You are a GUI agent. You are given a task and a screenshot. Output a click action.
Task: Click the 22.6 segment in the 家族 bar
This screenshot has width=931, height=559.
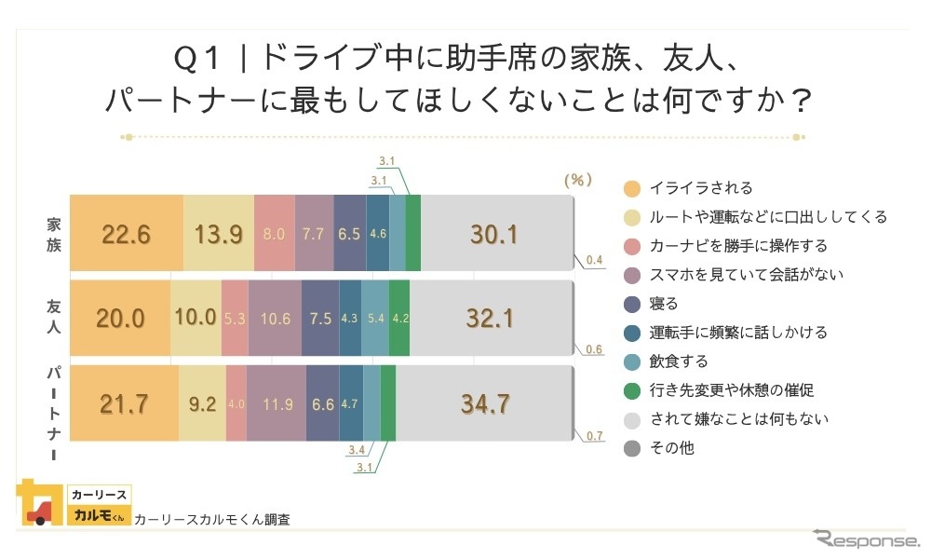(x=127, y=233)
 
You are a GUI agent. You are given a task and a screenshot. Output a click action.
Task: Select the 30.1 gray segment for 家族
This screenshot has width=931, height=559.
(x=493, y=233)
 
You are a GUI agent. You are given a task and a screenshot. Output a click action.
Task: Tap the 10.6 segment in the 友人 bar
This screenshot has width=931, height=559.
(x=275, y=318)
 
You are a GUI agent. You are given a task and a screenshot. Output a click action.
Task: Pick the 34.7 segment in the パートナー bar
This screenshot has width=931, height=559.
(x=484, y=403)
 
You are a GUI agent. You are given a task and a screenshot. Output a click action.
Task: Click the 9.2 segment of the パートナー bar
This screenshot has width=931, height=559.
(x=202, y=403)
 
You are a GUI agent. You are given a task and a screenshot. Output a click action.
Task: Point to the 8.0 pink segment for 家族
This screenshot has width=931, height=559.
(x=274, y=233)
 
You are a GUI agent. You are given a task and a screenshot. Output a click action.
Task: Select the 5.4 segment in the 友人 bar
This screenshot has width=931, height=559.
(x=374, y=318)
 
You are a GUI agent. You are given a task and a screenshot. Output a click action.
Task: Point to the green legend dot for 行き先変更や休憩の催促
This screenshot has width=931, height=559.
(x=632, y=390)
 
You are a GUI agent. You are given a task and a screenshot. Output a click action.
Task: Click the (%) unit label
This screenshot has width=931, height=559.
(x=578, y=180)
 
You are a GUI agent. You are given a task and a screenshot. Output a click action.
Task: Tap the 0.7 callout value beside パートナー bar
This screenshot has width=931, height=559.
(x=594, y=436)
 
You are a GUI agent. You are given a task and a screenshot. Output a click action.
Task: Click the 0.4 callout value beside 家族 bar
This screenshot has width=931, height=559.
(x=594, y=260)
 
